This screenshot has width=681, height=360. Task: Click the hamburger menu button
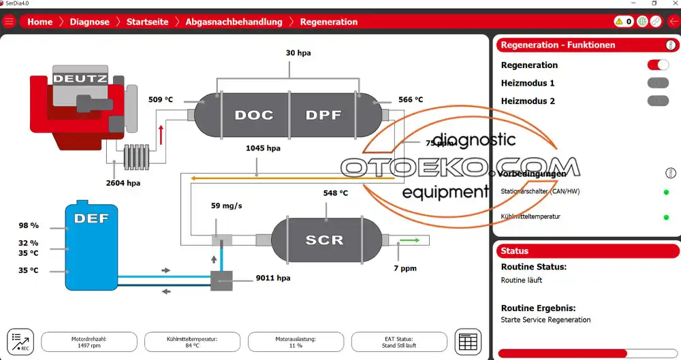click(x=9, y=22)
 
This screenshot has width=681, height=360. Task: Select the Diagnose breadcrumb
click(x=89, y=22)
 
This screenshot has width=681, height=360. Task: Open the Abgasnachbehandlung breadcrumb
click(x=234, y=22)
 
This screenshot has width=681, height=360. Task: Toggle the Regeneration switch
click(x=658, y=65)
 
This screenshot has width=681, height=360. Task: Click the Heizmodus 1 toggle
click(x=658, y=83)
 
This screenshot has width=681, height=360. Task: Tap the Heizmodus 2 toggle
click(x=658, y=101)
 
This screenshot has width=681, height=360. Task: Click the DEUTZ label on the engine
click(x=80, y=78)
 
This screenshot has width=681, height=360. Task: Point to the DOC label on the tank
click(x=253, y=115)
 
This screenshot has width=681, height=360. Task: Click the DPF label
click(x=323, y=115)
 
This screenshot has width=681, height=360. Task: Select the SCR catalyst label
click(x=324, y=240)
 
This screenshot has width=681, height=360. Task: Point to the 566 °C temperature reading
click(x=411, y=100)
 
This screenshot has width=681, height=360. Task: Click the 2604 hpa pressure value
click(x=123, y=183)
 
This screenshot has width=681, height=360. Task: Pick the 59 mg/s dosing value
click(x=227, y=206)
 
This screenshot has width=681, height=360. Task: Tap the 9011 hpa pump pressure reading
click(x=273, y=278)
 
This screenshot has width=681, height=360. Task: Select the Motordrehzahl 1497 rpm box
click(x=89, y=342)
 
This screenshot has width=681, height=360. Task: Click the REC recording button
click(x=20, y=341)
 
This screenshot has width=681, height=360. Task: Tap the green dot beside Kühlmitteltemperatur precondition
click(x=666, y=218)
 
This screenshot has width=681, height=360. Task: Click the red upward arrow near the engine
click(x=161, y=133)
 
